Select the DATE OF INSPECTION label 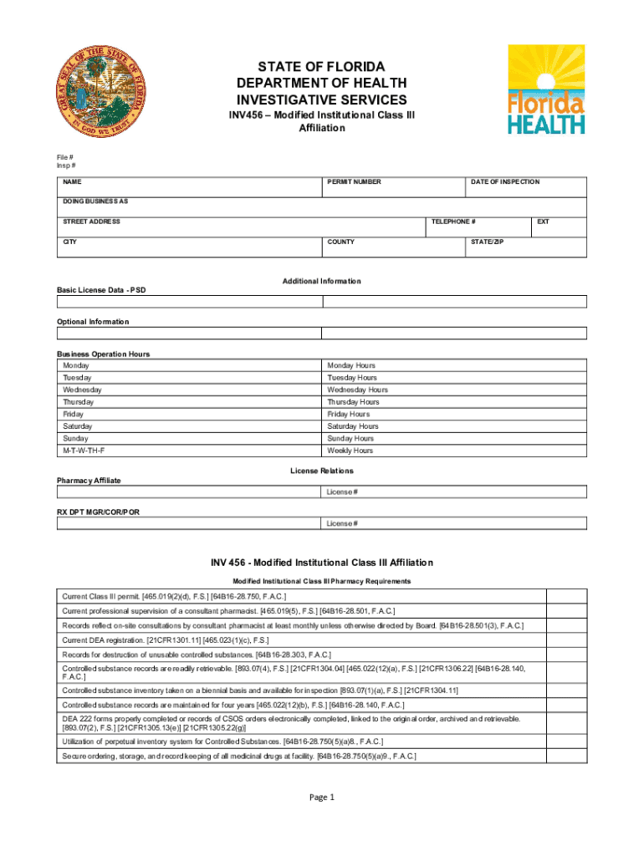click(504, 181)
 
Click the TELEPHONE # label click(453, 222)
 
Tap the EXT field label click(543, 222)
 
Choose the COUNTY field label click(340, 242)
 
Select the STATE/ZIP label click(487, 242)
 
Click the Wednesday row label click(82, 390)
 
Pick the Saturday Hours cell click(352, 426)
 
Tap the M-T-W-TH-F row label click(84, 451)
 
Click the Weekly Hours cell click(350, 451)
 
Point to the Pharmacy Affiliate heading click(89, 481)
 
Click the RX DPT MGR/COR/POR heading click(98, 512)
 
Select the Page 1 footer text click(321, 797)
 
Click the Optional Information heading click(93, 321)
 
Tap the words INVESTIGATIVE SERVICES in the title click(321, 99)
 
